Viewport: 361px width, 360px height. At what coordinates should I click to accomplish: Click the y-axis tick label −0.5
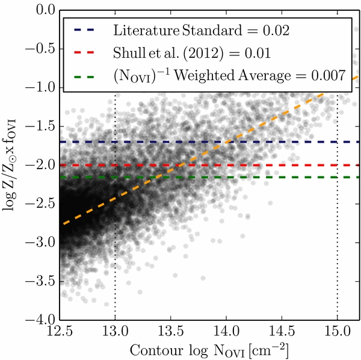[x=41, y=49]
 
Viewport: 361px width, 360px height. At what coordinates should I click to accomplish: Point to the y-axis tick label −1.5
[x=41, y=126]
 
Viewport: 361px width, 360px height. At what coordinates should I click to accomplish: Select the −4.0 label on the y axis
[x=41, y=320]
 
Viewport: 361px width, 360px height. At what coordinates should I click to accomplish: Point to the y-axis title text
[x=9, y=165]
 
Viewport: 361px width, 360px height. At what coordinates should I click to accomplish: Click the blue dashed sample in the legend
[x=84, y=30]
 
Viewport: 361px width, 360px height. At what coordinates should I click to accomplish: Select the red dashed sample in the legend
[x=84, y=53]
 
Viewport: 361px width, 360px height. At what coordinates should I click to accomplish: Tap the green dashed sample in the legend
[x=84, y=76]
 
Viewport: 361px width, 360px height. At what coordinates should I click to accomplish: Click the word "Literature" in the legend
[x=146, y=30]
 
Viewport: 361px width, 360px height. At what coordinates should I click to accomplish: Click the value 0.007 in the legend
[x=329, y=75]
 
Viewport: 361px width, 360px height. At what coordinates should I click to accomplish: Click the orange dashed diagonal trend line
[x=211, y=150]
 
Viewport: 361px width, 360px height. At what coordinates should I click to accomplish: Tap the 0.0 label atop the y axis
[x=46, y=10]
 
